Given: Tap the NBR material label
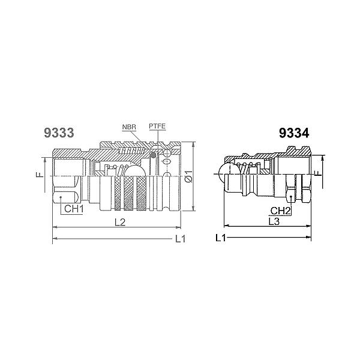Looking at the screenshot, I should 128,128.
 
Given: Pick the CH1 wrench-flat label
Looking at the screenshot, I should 73,209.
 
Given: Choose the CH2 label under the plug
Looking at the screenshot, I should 280,211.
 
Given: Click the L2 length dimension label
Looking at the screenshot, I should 119,222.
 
